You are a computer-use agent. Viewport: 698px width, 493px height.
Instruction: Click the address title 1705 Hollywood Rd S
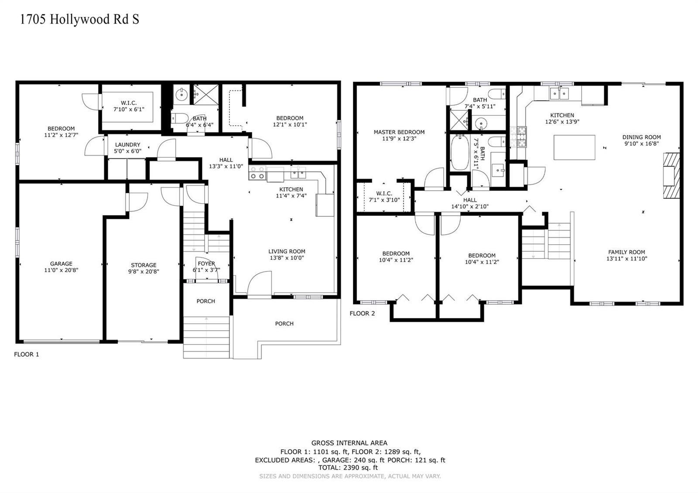click(x=79, y=19)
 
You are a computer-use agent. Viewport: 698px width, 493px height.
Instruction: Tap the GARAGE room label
click(x=61, y=264)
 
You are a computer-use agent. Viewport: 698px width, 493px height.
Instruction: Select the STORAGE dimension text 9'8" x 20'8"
click(x=144, y=271)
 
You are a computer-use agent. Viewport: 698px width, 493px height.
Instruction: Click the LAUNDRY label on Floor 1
click(x=128, y=144)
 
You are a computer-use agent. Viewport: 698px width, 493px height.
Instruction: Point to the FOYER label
click(x=206, y=264)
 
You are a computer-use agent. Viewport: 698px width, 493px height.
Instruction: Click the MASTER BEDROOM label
click(x=399, y=132)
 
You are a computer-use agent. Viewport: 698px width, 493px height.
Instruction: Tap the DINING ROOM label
click(x=642, y=137)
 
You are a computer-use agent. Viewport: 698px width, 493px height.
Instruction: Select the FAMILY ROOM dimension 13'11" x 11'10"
click(x=626, y=259)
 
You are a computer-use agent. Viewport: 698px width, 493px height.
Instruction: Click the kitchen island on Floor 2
click(x=574, y=147)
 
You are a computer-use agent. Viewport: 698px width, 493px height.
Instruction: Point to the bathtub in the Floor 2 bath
click(x=460, y=152)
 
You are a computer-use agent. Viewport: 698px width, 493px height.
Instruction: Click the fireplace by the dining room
click(x=671, y=175)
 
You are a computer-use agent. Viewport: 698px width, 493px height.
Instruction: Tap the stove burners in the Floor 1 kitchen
click(x=257, y=173)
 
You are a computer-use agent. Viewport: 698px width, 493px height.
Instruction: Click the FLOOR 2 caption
click(x=362, y=314)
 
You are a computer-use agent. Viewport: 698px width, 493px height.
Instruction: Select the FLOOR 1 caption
click(x=27, y=354)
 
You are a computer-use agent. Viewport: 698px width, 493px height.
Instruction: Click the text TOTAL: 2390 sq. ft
click(x=348, y=468)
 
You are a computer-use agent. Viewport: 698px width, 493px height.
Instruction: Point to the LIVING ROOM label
click(x=287, y=251)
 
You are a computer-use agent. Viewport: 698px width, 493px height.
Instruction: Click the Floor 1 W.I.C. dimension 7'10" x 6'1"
click(x=129, y=110)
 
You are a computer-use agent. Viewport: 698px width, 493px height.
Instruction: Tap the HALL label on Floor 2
click(x=470, y=200)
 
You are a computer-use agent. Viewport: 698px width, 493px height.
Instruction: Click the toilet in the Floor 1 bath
click(x=179, y=119)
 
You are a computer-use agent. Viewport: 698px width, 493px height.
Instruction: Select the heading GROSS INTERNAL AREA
click(x=349, y=443)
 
